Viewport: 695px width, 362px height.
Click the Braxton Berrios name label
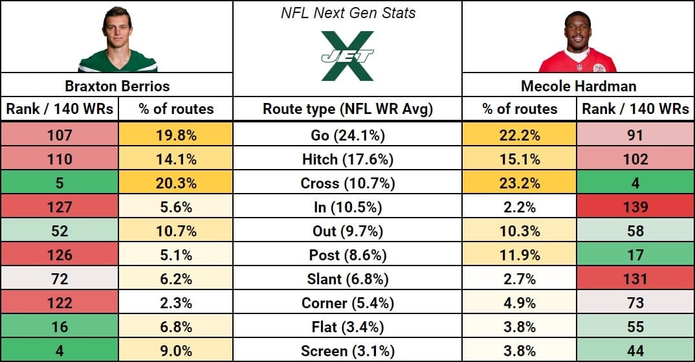[x=116, y=85]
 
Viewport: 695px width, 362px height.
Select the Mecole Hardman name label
[x=577, y=85]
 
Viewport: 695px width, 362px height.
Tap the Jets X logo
[x=347, y=56]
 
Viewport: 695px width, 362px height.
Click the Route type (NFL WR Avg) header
[x=347, y=109]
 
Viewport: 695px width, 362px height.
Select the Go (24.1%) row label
[x=347, y=135]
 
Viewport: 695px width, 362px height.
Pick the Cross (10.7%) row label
[x=347, y=183]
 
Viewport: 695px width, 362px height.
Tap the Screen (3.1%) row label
[x=347, y=350]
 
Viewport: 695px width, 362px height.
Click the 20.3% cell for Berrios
[x=175, y=183]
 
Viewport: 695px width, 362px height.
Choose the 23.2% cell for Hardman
[x=520, y=183]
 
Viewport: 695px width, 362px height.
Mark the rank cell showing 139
[x=635, y=207]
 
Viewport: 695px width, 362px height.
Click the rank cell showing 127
[x=59, y=207]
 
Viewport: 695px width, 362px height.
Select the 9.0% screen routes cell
[x=175, y=350]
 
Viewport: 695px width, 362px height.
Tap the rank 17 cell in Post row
[x=635, y=255]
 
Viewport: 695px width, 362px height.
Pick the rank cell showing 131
[x=635, y=278]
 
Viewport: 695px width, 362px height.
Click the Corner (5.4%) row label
[x=347, y=302]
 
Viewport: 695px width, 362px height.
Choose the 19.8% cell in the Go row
[x=175, y=135]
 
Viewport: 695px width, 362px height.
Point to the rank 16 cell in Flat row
[x=59, y=326]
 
